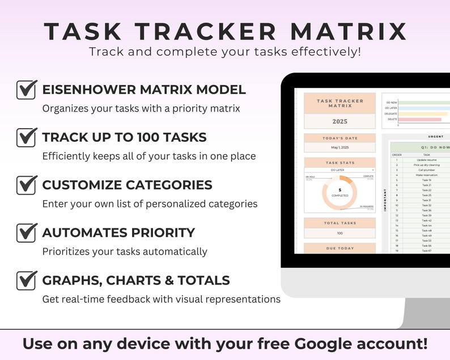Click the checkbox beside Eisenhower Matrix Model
pos(26,90)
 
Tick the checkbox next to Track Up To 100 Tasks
pos(26,137)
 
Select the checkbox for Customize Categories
pos(26,185)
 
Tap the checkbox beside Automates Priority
pos(26,232)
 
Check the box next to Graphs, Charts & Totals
pos(26,280)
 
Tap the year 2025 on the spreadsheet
pos(339,121)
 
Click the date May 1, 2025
pos(339,147)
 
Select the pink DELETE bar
pos(419,119)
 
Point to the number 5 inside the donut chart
pos(340,190)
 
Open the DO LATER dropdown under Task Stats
pos(340,170)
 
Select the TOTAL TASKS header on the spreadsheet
pos(339,223)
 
